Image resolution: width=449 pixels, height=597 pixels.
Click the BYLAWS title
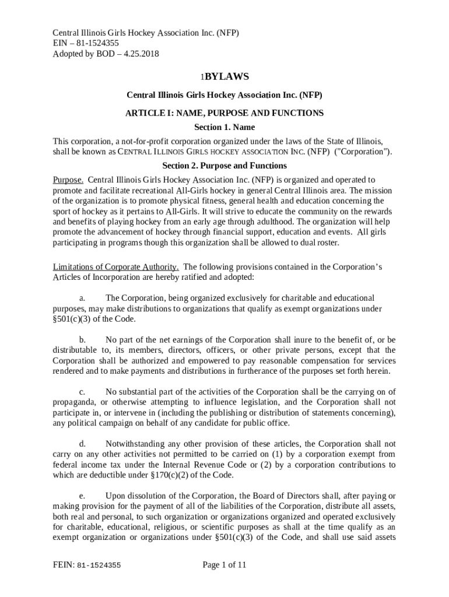(x=227, y=76)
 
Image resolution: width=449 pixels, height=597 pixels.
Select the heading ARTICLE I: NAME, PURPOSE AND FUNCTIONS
(x=224, y=113)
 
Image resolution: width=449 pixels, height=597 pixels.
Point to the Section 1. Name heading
(x=224, y=127)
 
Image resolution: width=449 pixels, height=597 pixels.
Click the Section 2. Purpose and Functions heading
(x=224, y=166)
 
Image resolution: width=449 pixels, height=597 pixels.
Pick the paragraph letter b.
(x=82, y=339)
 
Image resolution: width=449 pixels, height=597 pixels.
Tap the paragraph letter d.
(x=82, y=444)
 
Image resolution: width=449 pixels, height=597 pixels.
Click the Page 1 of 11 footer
(x=224, y=564)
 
